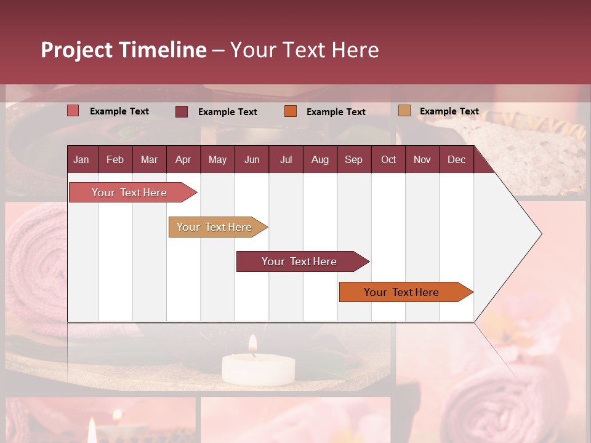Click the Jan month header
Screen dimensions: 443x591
point(81,160)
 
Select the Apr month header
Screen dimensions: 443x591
point(183,160)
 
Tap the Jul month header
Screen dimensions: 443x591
point(286,160)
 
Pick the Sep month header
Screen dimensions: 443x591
point(353,160)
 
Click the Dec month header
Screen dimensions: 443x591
point(456,160)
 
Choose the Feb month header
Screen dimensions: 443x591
point(115,160)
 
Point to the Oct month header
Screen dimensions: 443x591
point(388,160)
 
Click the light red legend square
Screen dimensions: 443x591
point(73,111)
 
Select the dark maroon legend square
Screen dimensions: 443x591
point(182,111)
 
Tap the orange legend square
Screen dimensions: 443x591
point(291,111)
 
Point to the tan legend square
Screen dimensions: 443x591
point(404,111)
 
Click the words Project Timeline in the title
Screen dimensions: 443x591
point(123,50)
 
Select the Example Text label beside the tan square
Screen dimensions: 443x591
point(449,111)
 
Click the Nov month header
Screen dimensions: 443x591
point(422,160)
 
